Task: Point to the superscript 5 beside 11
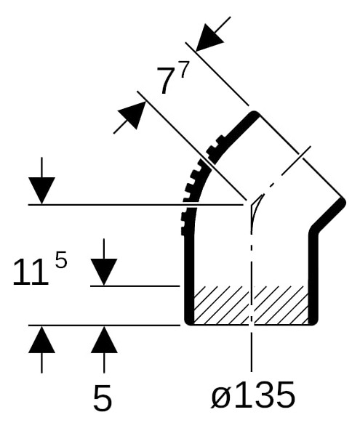click(x=61, y=259)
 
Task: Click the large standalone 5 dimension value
click(x=103, y=397)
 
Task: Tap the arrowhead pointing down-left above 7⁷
click(x=209, y=38)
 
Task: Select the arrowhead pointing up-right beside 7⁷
click(x=132, y=116)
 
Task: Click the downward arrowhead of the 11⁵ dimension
click(x=41, y=190)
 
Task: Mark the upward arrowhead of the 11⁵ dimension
click(x=41, y=339)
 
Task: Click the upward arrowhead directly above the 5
click(x=104, y=339)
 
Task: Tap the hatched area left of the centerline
click(x=221, y=305)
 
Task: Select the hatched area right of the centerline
click(x=281, y=305)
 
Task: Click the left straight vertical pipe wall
click(x=189, y=278)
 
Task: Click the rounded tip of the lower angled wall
click(x=341, y=203)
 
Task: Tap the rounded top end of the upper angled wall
click(x=255, y=115)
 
